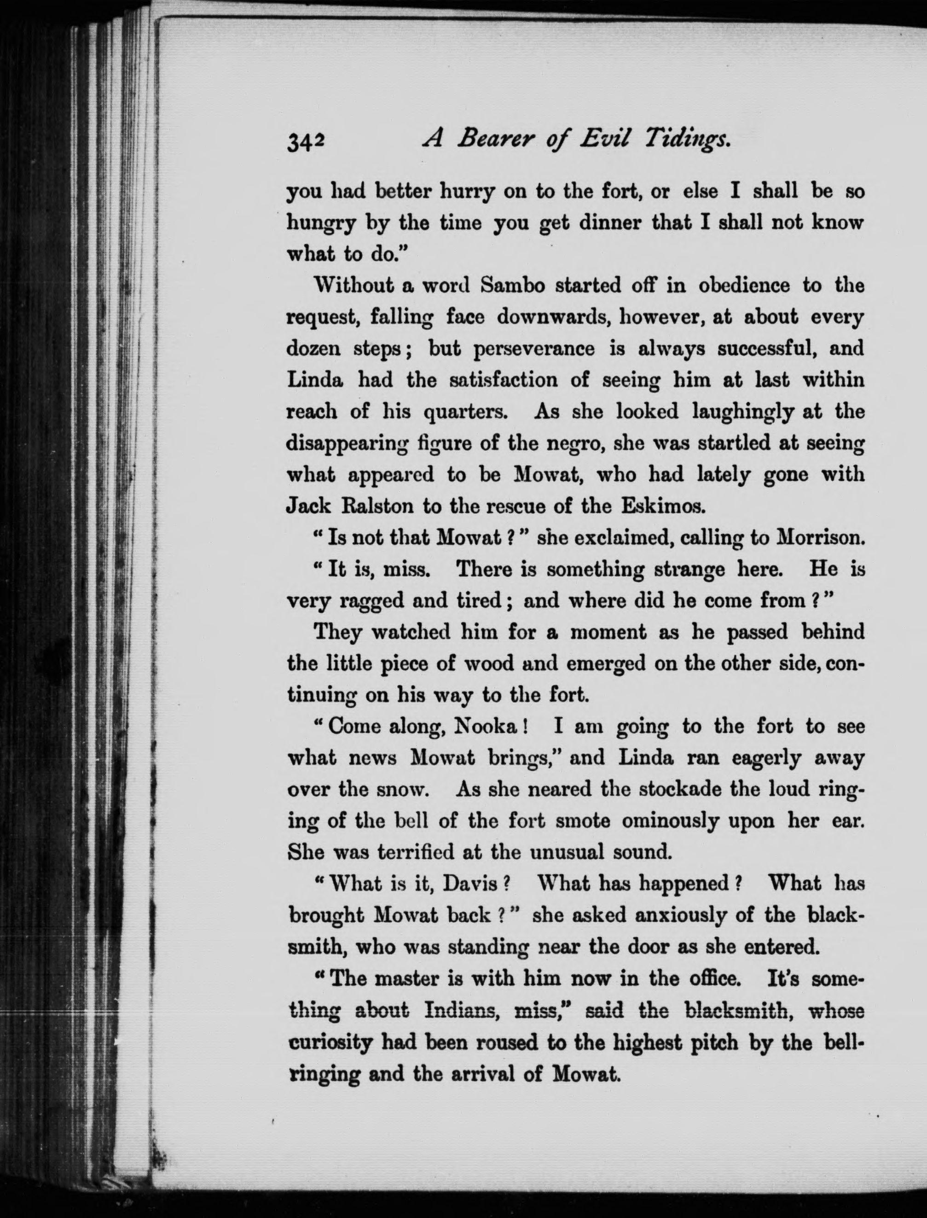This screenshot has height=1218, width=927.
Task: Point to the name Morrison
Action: click(817, 538)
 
